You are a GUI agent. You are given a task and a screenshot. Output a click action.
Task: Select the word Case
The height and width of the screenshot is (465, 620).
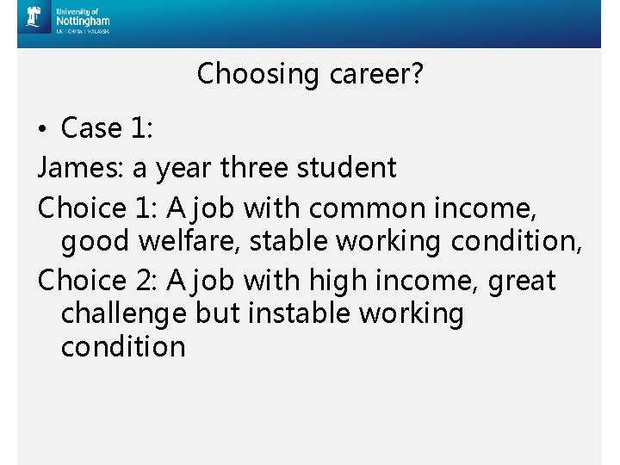pyautogui.click(x=91, y=128)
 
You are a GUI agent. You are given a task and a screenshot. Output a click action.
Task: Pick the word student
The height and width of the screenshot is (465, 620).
pyautogui.click(x=346, y=168)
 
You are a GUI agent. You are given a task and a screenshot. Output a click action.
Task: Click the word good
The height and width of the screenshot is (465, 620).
pyautogui.click(x=98, y=243)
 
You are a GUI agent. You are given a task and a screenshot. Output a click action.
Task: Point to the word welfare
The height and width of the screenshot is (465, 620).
pyautogui.click(x=189, y=241)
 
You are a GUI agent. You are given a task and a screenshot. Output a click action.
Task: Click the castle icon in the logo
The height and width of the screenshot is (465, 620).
pyautogui.click(x=34, y=18)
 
